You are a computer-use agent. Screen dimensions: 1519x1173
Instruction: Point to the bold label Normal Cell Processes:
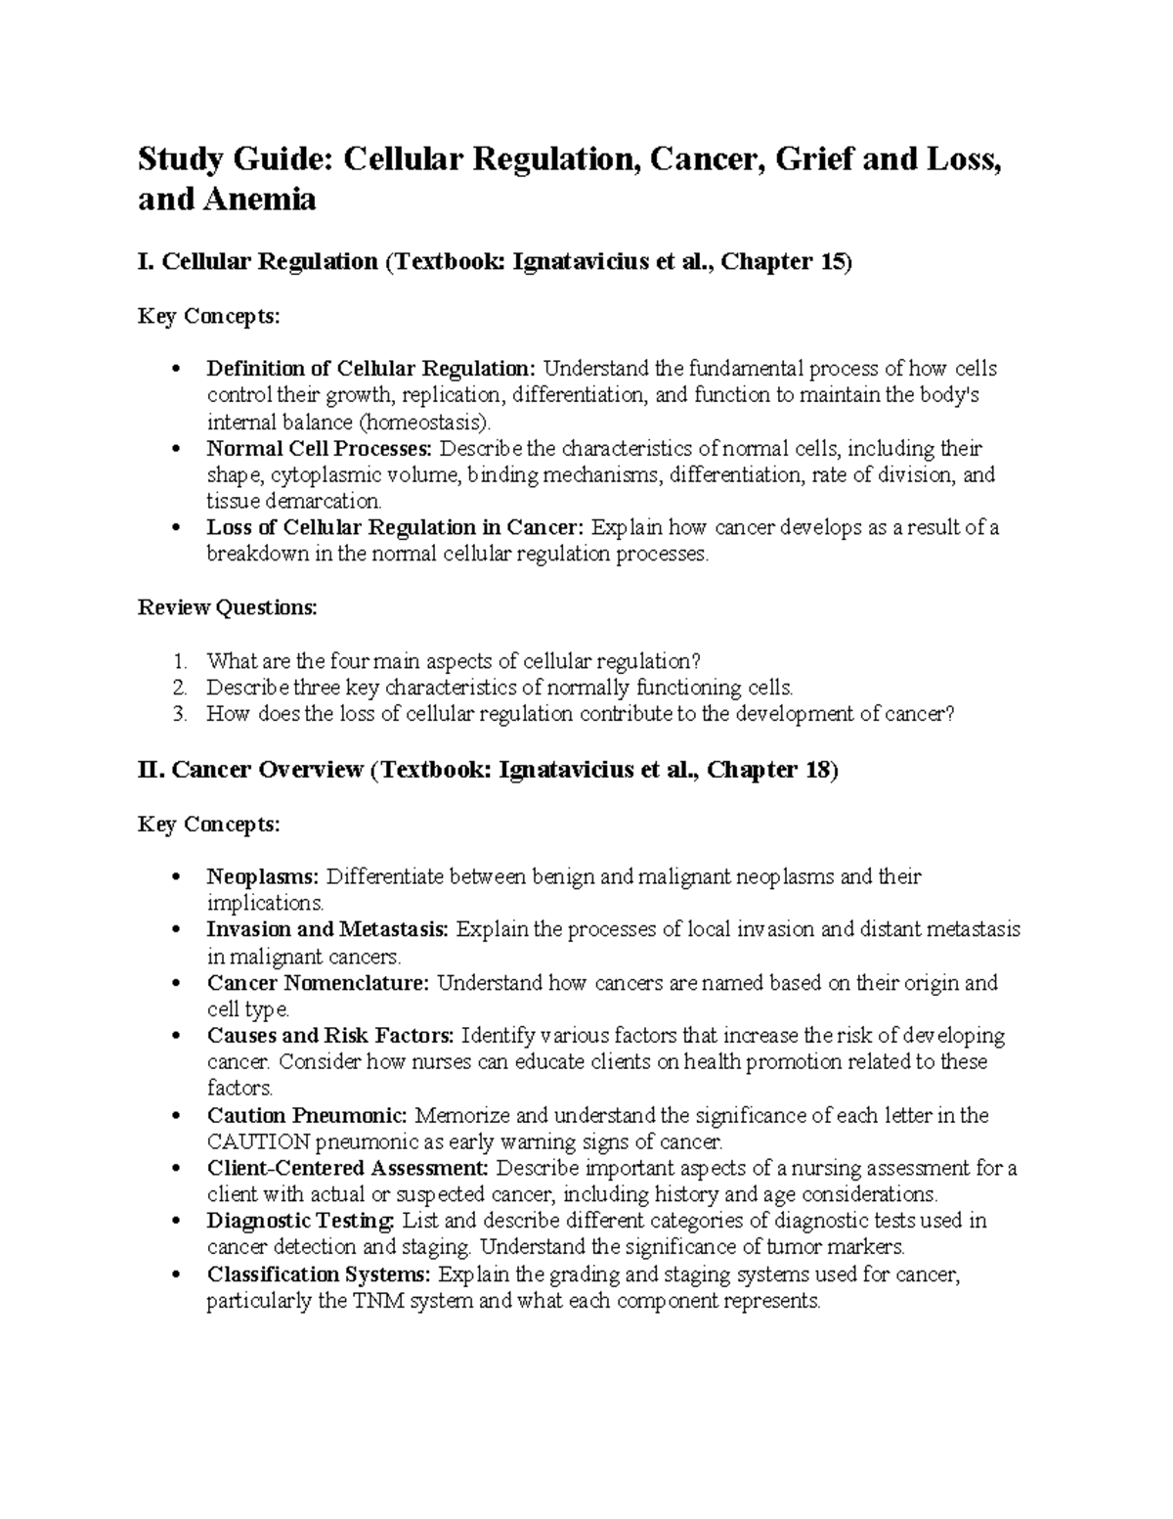click(x=319, y=449)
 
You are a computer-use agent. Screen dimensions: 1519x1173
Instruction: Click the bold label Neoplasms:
click(x=264, y=876)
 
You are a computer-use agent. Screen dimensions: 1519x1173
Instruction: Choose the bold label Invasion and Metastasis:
click(x=327, y=929)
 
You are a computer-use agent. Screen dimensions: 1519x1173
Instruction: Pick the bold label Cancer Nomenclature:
click(x=318, y=982)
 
